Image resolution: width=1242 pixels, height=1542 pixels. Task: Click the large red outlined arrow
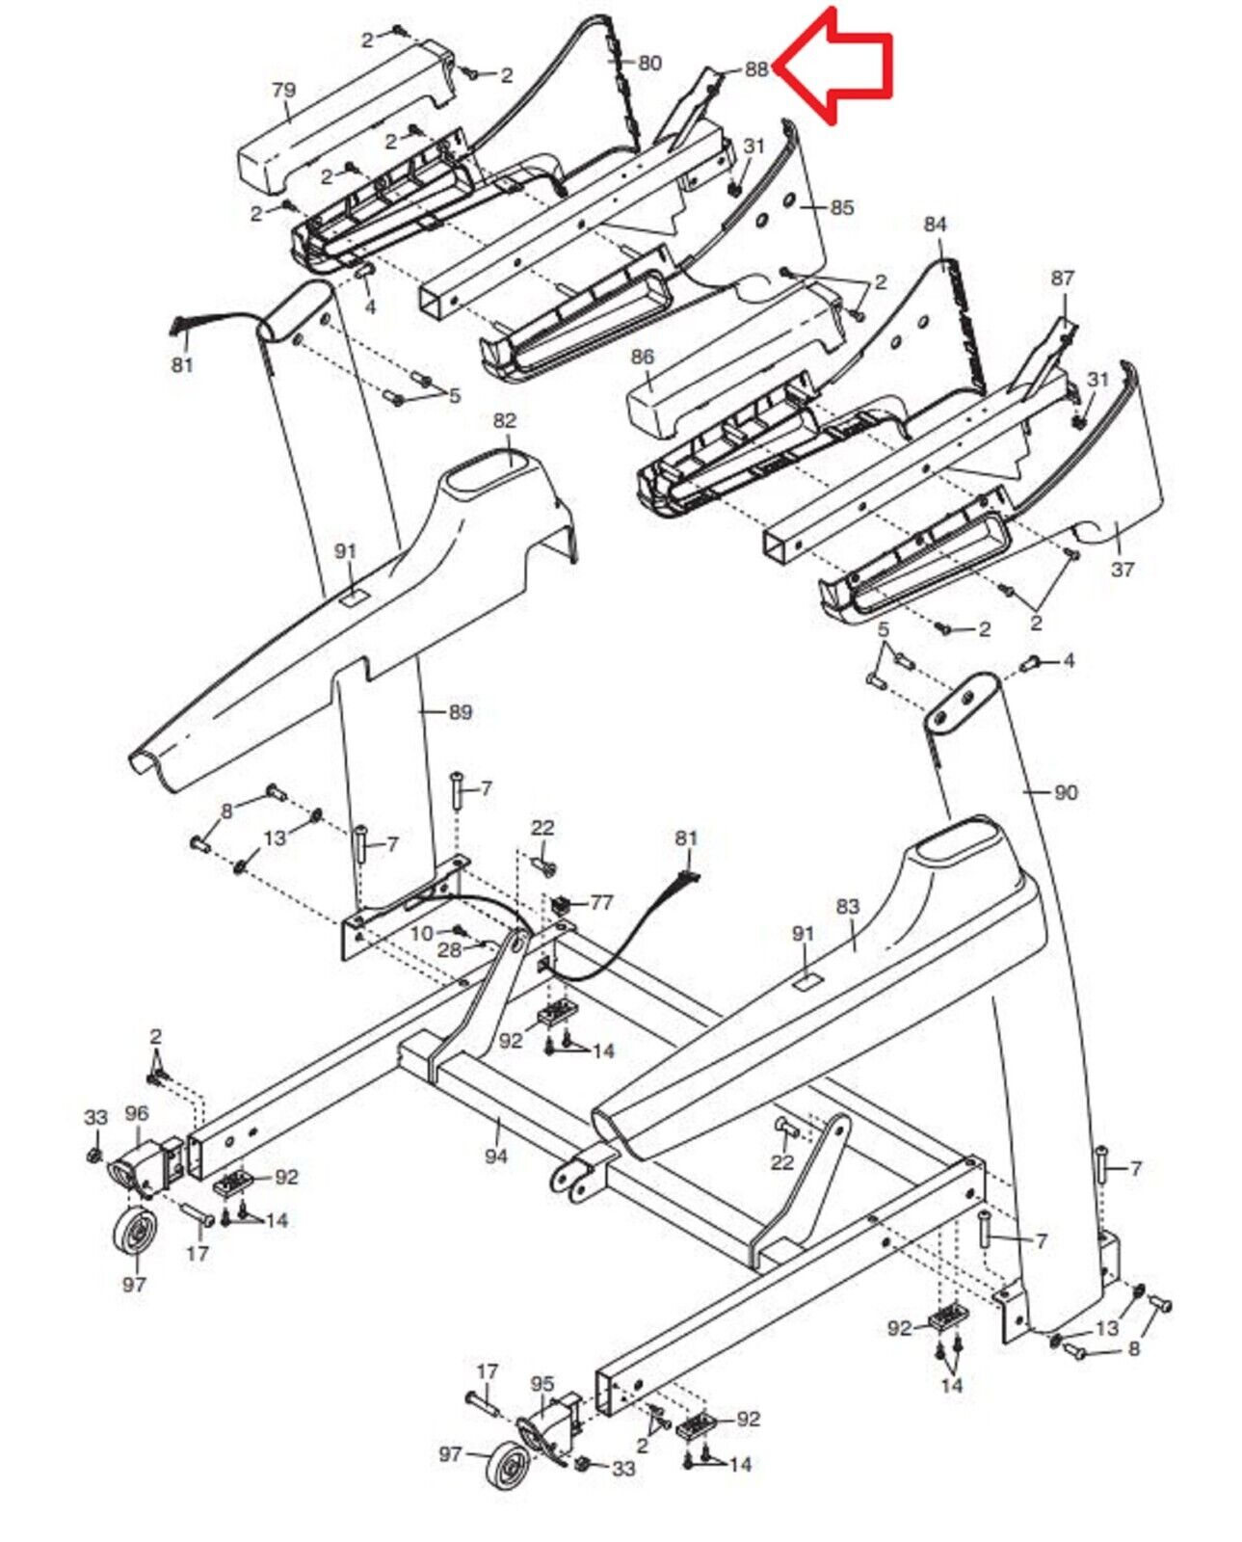(x=835, y=68)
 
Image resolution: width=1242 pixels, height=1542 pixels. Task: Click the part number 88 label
(x=756, y=69)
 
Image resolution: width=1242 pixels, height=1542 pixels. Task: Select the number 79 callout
(x=283, y=91)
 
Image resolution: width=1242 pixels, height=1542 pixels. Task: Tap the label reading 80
(x=649, y=63)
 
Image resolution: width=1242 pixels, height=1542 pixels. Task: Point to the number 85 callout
(x=842, y=207)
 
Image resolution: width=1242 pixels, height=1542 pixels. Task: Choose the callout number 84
(x=935, y=225)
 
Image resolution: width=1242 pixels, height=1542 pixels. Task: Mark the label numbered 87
(x=1062, y=278)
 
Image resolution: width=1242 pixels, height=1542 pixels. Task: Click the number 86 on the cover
(x=643, y=357)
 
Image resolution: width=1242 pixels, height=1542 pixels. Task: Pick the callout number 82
(x=505, y=420)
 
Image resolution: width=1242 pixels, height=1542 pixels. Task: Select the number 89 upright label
(x=461, y=712)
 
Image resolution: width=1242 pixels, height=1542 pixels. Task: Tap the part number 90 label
(x=1066, y=792)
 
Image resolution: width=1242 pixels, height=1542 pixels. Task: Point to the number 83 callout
(x=847, y=907)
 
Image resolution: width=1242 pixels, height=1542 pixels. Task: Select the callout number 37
(x=1123, y=570)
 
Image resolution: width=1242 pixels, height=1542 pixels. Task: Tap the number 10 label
(x=423, y=933)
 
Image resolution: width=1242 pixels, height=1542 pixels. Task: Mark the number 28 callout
(x=449, y=951)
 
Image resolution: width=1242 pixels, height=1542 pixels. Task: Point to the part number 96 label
(x=136, y=1113)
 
